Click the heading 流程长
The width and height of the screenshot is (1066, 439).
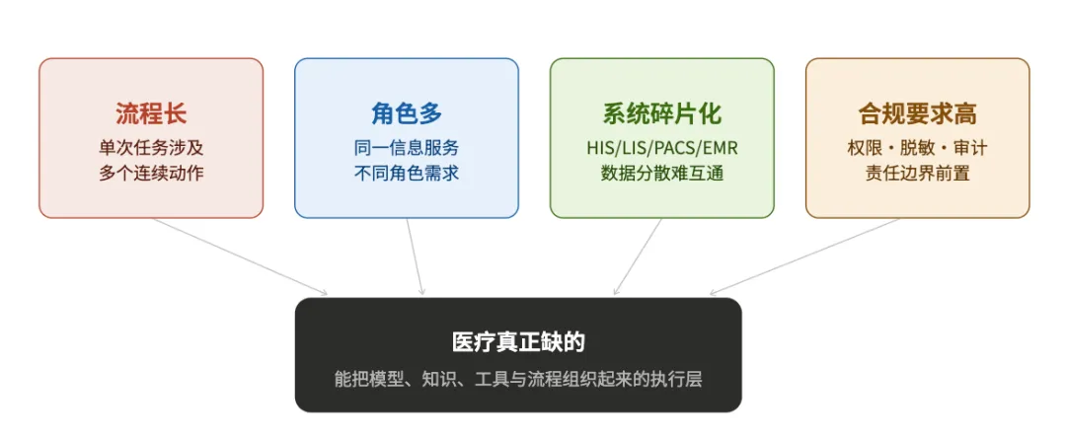151,113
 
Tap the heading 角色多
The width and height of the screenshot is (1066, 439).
407,113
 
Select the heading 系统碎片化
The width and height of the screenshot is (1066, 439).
661,113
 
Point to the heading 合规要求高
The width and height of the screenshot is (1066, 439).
917,113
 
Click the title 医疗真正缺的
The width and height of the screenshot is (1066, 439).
518,342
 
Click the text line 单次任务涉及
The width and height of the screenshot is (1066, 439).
151,148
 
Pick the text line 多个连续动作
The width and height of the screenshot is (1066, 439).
151,174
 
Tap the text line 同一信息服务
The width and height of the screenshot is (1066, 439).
407,148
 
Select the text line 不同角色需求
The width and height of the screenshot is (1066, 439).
407,174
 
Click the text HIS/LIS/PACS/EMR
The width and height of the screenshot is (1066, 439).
661,148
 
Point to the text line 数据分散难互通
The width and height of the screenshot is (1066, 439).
661,174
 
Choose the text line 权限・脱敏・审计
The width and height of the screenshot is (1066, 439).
917,148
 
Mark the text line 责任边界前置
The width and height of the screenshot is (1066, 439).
917,174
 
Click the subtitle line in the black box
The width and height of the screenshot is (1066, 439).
518,379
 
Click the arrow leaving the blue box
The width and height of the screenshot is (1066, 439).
415,256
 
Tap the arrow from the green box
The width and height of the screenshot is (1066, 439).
638,256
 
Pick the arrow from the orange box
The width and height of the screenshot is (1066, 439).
804,256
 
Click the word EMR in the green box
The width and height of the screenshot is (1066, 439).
719,148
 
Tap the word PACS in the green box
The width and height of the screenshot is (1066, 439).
669,148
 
